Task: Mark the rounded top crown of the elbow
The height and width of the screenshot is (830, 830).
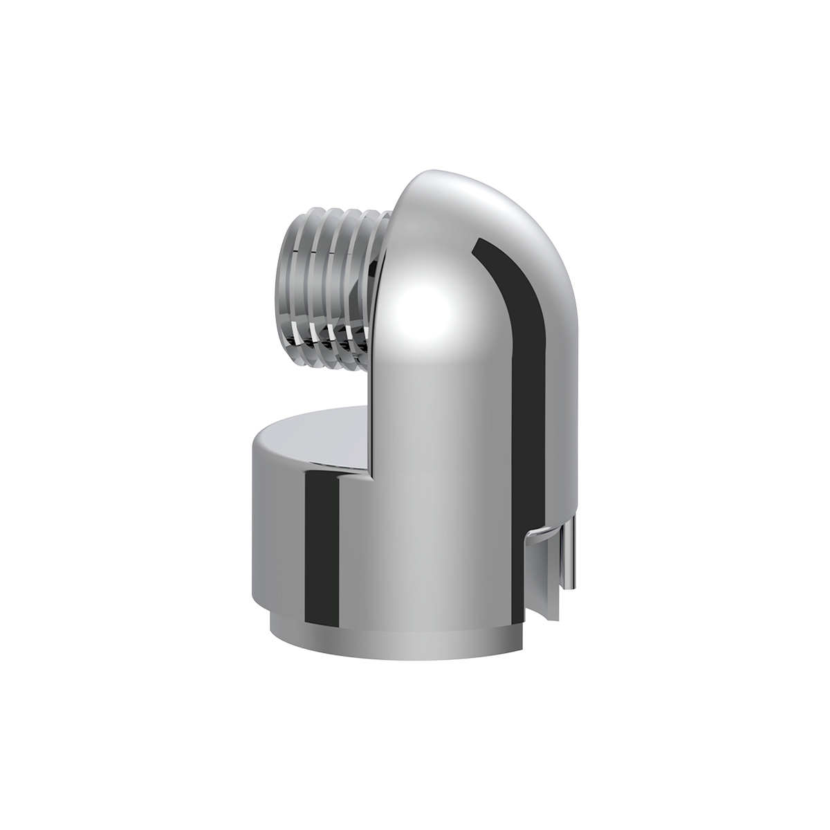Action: [456, 187]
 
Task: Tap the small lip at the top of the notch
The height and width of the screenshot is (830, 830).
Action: [546, 531]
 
